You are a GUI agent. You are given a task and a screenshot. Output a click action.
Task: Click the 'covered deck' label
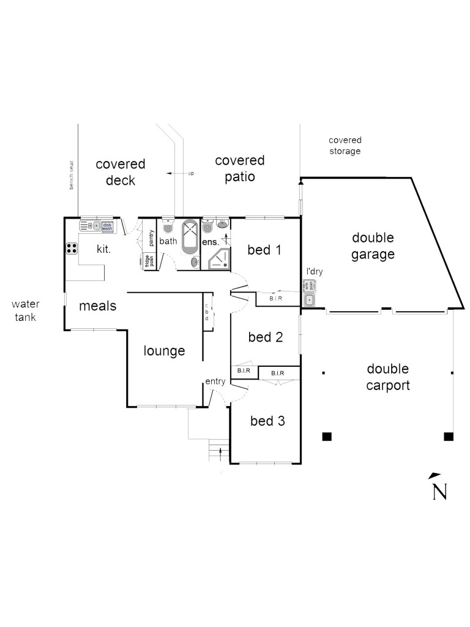[x=120, y=172]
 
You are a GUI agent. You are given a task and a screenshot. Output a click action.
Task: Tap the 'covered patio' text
[x=239, y=168]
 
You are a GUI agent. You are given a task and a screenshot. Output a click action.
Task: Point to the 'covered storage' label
[x=345, y=146]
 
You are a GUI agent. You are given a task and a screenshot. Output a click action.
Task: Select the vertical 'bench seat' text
[x=72, y=175]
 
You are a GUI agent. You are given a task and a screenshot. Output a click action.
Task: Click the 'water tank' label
[x=25, y=310]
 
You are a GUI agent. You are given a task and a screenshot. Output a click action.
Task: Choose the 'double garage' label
[x=372, y=246]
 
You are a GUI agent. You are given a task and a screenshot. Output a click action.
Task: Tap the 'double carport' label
[x=387, y=377]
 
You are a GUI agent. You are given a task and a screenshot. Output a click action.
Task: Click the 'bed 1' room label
[x=265, y=250]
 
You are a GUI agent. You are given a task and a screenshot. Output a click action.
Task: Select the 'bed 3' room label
[x=267, y=421]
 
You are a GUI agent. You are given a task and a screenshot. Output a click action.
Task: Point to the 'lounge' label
[x=164, y=351]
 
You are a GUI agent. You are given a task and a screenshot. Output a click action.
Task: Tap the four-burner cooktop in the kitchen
[x=72, y=249]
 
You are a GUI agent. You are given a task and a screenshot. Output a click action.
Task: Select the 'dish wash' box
[x=108, y=226]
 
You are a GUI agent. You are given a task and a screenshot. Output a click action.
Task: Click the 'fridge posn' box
[x=147, y=260]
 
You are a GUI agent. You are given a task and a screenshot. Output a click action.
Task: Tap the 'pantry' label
[x=151, y=238]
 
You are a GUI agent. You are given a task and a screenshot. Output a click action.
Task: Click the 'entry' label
[x=215, y=381]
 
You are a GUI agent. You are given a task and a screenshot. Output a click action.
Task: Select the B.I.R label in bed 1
[x=275, y=298]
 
